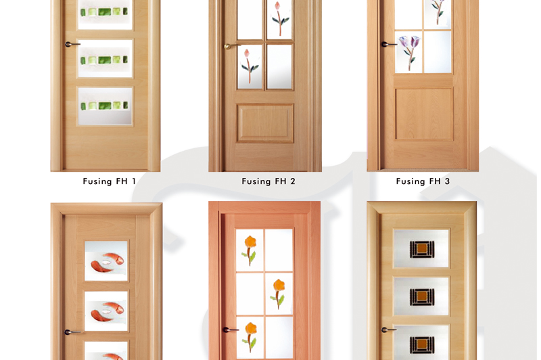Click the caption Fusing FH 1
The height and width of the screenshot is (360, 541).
[110, 181]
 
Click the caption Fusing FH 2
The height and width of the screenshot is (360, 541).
[268, 181]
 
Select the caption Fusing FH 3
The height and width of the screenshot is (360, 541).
[423, 181]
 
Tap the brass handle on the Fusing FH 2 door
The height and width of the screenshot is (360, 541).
[231, 46]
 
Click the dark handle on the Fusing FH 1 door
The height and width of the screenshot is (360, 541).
[72, 44]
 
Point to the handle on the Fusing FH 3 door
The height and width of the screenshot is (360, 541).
[388, 44]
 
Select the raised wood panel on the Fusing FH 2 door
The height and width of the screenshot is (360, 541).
[265, 123]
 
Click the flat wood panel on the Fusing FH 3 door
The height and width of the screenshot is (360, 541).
[424, 114]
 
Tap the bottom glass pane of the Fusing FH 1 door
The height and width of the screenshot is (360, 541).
[105, 106]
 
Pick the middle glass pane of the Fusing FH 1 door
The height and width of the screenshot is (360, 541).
[105, 58]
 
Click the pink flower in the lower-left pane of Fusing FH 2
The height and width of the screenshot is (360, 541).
[249, 66]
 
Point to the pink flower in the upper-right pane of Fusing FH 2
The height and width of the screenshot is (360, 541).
[279, 18]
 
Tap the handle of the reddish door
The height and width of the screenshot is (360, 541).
[230, 330]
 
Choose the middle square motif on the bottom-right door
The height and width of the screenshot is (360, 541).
[422, 297]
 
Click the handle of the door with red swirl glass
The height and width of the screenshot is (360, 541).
[72, 332]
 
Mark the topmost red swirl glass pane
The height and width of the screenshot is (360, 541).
[106, 261]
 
